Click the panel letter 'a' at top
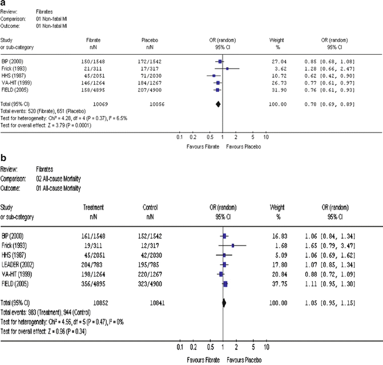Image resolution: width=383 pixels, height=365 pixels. (4, 3)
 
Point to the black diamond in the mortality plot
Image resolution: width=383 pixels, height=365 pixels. (224, 303)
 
